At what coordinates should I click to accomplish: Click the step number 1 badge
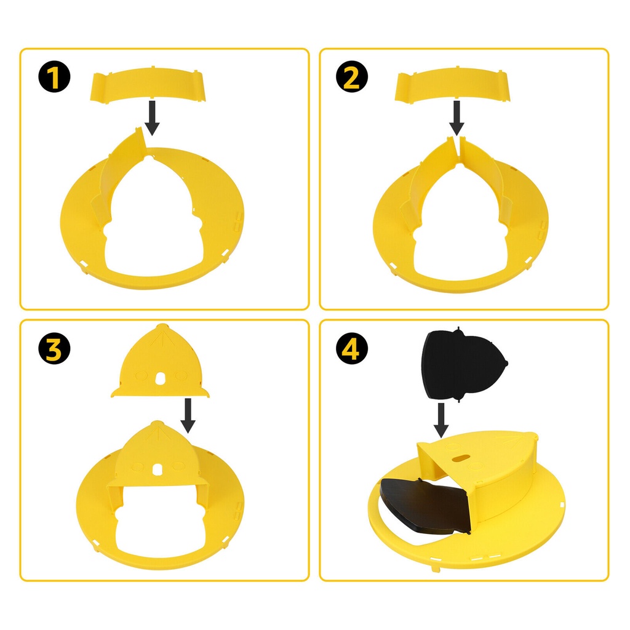click(54, 77)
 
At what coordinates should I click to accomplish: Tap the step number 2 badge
click(351, 77)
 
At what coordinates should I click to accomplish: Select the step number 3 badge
click(54, 348)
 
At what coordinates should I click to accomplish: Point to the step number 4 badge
click(351, 348)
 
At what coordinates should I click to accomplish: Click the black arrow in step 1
click(152, 118)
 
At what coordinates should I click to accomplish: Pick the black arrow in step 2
click(457, 118)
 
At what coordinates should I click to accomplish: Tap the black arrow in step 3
click(188, 415)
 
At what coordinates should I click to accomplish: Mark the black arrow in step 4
click(441, 420)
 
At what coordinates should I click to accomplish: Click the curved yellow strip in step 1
click(148, 85)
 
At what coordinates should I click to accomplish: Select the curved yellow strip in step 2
click(452, 85)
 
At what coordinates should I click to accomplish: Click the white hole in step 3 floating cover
click(160, 378)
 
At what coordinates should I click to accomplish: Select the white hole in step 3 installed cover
click(157, 469)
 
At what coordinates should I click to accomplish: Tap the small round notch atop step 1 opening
click(150, 158)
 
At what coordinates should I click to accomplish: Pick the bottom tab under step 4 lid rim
click(434, 568)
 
